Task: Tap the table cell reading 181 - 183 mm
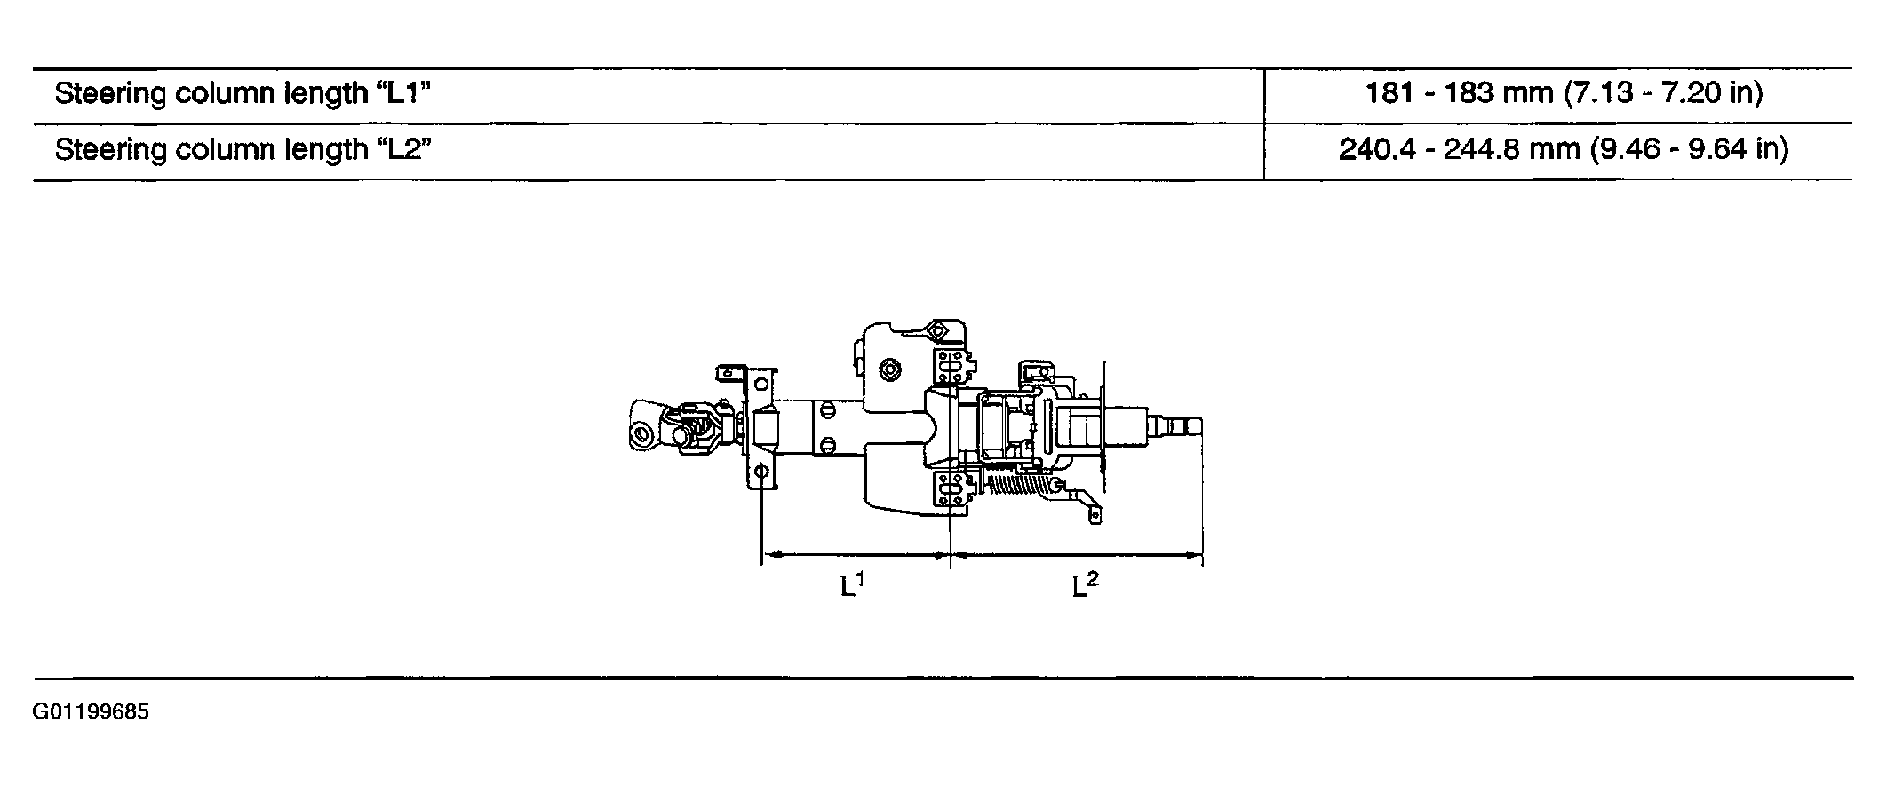(x=1563, y=92)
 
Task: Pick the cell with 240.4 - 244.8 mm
(x=1563, y=148)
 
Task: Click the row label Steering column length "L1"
(x=243, y=93)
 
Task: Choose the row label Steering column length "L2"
(x=243, y=149)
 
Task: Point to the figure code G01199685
(x=91, y=712)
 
